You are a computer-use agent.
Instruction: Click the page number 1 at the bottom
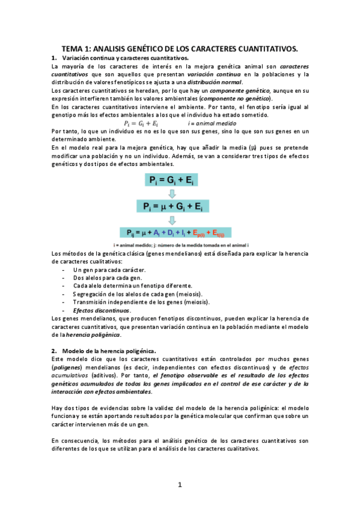tap(180, 485)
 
